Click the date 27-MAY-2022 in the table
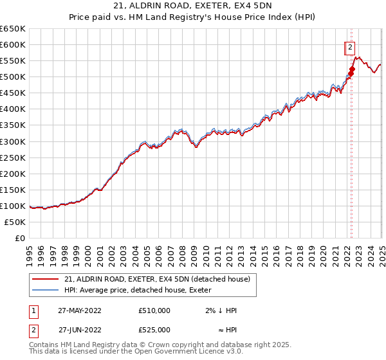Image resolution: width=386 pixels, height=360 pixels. pyautogui.click(x=80, y=310)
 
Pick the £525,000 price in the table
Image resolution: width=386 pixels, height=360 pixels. pyautogui.click(x=154, y=330)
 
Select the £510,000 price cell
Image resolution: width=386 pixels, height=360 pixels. pyautogui.click(x=154, y=310)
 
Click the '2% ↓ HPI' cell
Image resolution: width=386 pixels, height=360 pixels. pyautogui.click(x=222, y=310)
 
